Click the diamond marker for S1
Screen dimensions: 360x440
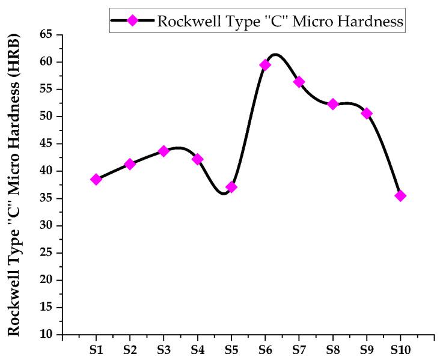[96, 179]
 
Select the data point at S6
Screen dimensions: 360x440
[265, 65]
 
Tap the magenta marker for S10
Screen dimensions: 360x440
[400, 196]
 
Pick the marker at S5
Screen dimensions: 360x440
[231, 187]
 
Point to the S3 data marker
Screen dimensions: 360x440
[163, 151]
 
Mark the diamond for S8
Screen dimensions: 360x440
[332, 104]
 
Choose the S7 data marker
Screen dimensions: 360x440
[299, 82]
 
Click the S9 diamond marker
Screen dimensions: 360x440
[367, 113]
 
